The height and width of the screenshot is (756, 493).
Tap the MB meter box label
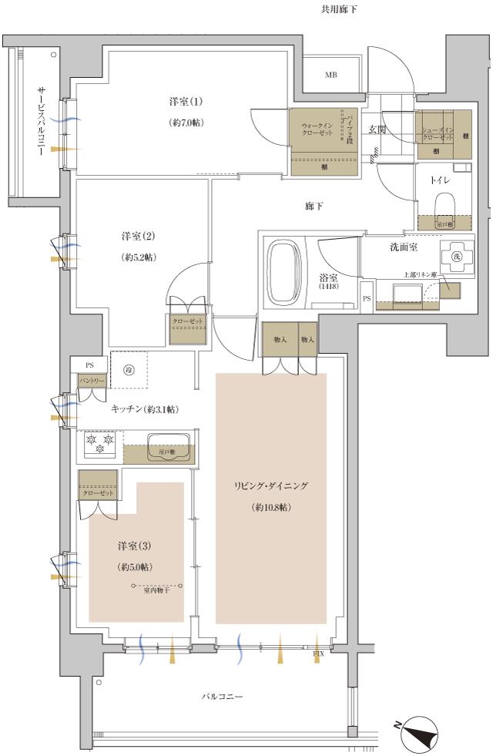coord(330,75)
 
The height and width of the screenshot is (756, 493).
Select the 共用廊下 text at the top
coord(338,9)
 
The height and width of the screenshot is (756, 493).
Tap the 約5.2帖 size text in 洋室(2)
coord(139,257)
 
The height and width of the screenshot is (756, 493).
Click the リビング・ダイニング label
coord(271,486)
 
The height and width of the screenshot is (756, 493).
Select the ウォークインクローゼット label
coord(316,129)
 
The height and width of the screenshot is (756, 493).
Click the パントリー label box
coord(91,380)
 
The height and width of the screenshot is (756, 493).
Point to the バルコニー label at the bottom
coord(223,697)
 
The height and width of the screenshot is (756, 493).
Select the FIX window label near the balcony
coord(318,654)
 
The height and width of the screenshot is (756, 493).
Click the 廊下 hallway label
coord(313,207)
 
